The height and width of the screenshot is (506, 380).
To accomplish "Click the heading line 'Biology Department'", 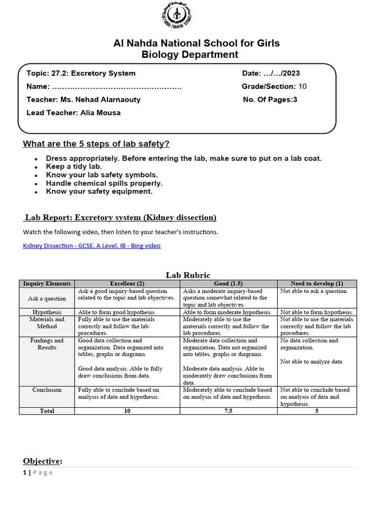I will [x=190, y=54].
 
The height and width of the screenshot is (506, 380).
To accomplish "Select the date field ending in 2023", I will [x=271, y=74].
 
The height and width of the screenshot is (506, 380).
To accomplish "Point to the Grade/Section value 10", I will [x=303, y=86].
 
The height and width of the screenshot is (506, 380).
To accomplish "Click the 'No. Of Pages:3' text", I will [x=270, y=99].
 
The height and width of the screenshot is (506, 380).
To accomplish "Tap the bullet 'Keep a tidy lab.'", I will [x=74, y=167].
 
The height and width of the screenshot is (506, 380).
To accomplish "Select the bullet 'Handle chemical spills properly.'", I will [x=104, y=183].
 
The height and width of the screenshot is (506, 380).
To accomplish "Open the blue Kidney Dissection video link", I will [x=92, y=246].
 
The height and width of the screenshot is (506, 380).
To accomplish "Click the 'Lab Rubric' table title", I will [x=188, y=275].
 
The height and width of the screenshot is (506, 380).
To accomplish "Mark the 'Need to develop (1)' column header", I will [x=316, y=284].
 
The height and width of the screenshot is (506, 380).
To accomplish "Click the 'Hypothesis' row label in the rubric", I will [x=47, y=312].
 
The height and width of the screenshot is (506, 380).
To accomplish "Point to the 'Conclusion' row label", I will [x=47, y=390].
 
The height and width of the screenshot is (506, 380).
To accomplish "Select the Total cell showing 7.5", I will [x=228, y=411].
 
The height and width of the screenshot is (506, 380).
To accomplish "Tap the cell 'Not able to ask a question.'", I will [x=314, y=291].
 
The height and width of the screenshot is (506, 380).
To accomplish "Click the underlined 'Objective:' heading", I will [x=43, y=461].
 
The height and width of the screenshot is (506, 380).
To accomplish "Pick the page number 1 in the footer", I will [x=24, y=472].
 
